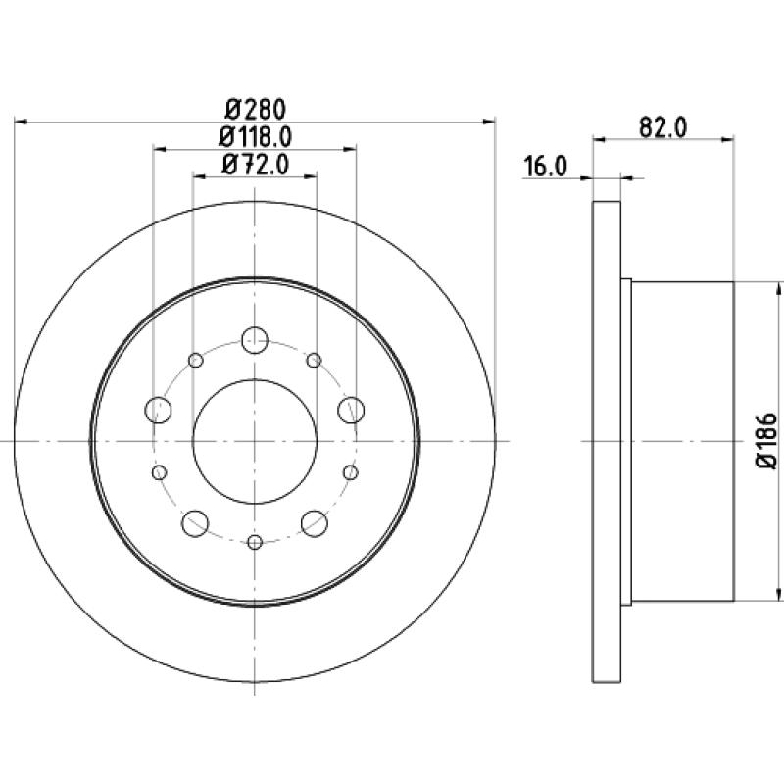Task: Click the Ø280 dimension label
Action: click(255, 108)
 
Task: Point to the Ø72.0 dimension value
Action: click(255, 165)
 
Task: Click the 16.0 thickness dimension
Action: click(545, 167)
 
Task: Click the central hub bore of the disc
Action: click(255, 442)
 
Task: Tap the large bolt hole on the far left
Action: click(158, 408)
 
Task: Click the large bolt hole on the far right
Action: click(351, 408)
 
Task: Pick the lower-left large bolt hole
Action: click(196, 521)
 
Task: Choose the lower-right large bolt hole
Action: click(315, 521)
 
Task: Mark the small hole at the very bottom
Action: click(255, 542)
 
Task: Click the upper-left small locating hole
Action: click(196, 361)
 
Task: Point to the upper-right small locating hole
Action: click(314, 361)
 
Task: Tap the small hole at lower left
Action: click(160, 473)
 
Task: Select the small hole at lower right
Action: click(350, 473)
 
